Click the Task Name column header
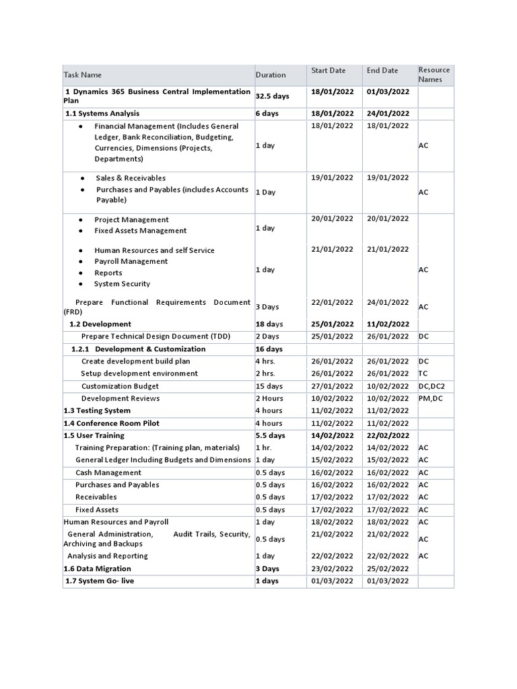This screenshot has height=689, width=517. [x=83, y=75]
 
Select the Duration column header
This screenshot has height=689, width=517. [x=271, y=75]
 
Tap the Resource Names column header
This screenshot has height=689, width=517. [x=434, y=75]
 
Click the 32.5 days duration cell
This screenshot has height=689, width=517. [x=271, y=96]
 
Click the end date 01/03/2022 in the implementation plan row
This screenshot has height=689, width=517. [x=387, y=92]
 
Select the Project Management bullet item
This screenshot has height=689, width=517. [x=131, y=219]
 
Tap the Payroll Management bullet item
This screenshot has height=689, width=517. [x=131, y=261]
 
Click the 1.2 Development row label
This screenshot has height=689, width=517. [x=100, y=324]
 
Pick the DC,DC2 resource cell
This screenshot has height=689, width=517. [x=432, y=386]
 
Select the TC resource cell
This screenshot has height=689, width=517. [x=423, y=373]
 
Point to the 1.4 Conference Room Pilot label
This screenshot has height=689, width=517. [x=111, y=423]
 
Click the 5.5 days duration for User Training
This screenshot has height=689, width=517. [x=270, y=435]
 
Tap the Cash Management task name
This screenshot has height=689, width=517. [x=108, y=472]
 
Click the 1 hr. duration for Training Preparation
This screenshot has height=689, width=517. [x=264, y=447]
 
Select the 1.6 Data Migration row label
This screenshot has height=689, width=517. [x=97, y=569]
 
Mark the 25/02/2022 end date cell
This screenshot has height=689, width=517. [x=387, y=569]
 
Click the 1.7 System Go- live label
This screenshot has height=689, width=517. [x=100, y=581]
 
